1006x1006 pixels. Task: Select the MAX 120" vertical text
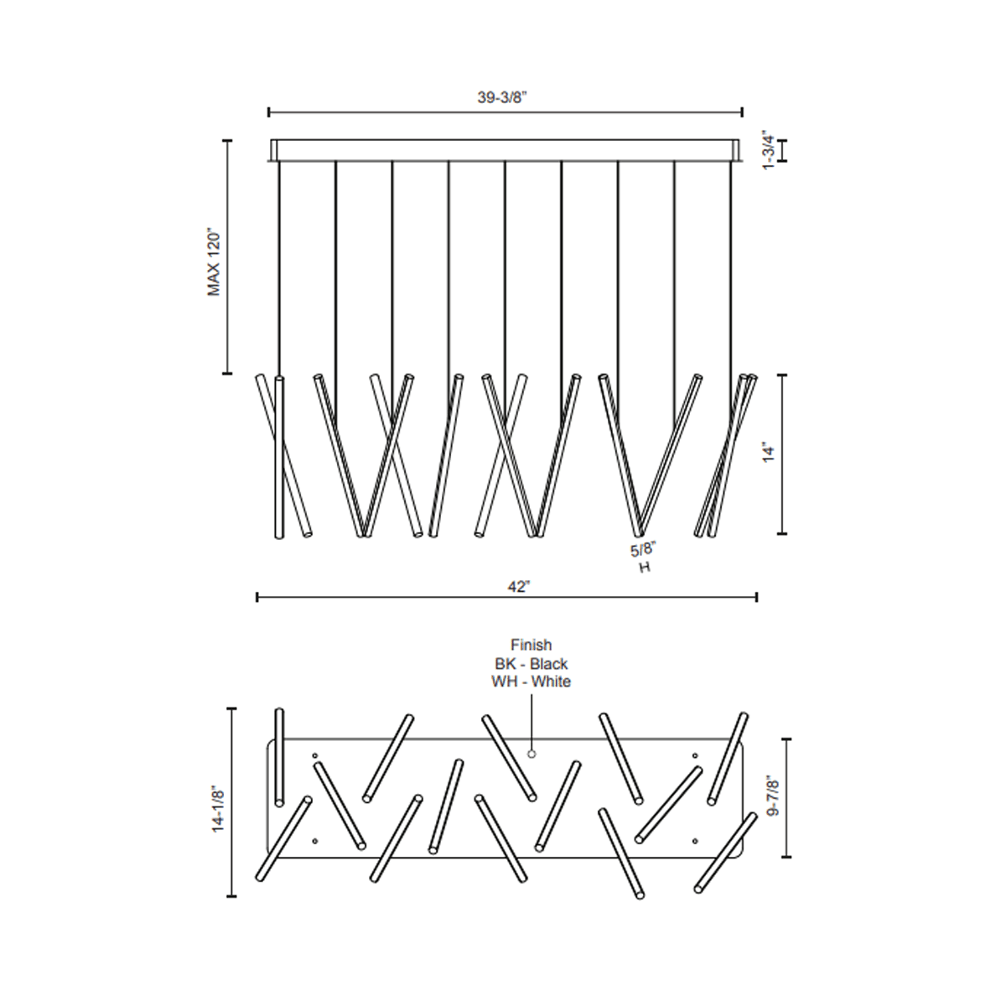click(x=214, y=262)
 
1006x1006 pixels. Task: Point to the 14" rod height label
click(x=770, y=454)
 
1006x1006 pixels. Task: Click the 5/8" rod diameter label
click(x=643, y=549)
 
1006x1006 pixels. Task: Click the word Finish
click(x=532, y=645)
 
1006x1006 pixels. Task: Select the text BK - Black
click(x=532, y=664)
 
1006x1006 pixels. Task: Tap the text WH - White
click(x=532, y=682)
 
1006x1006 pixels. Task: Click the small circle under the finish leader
click(x=531, y=754)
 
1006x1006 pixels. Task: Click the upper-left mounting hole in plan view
click(x=315, y=756)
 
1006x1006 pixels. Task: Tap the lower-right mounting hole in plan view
click(x=695, y=839)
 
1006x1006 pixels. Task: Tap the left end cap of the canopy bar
click(x=273, y=150)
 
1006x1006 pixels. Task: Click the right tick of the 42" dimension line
click(x=757, y=597)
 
